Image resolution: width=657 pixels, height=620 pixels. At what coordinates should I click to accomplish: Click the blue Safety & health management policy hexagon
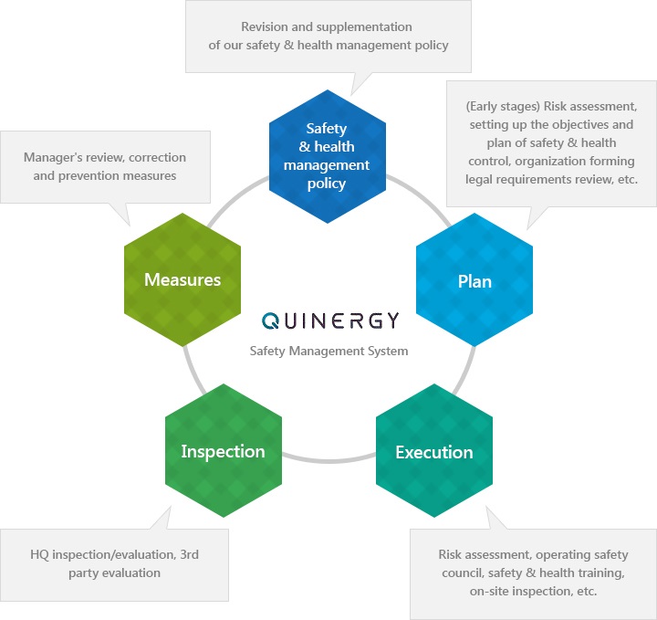[327, 156]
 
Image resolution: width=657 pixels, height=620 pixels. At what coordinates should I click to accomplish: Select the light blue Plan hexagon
[474, 280]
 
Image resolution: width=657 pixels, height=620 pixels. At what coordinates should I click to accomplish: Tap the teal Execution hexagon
[433, 452]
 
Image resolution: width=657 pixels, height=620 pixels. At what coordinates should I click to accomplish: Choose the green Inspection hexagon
[223, 451]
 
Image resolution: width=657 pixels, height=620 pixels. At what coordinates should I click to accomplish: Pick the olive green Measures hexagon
[182, 279]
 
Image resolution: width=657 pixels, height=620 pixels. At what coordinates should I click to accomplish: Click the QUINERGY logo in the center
[329, 321]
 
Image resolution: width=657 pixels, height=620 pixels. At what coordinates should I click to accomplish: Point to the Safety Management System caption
[329, 351]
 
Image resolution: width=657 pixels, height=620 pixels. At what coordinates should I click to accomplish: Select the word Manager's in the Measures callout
[54, 156]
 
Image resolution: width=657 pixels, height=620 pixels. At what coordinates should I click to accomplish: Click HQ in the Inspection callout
[40, 554]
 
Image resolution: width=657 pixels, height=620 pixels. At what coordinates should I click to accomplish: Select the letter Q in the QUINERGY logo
[272, 321]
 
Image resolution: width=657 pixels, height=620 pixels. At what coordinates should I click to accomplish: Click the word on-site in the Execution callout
[489, 591]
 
